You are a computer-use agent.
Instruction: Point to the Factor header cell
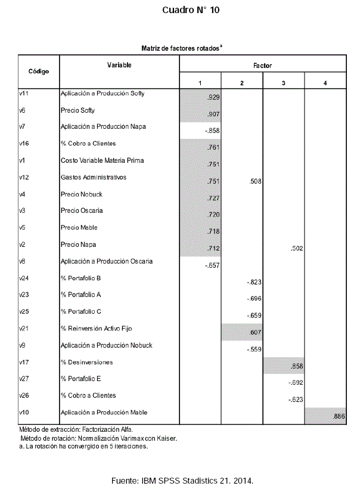[262, 65]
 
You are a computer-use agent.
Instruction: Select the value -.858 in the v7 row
[212, 131]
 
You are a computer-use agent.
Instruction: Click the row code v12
[24, 177]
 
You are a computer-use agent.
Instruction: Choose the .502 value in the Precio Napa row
[296, 248]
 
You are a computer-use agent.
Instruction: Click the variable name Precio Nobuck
[78, 194]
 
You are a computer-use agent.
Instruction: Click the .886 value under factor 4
[338, 416]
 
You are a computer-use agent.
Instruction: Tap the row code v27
[24, 378]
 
